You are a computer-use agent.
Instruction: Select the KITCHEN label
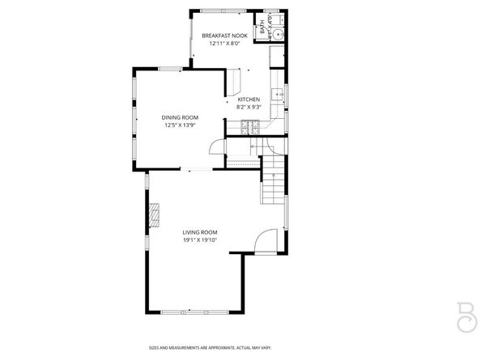click(x=248, y=100)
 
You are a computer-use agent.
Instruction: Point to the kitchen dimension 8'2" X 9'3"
click(x=248, y=108)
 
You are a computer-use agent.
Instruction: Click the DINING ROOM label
click(x=181, y=117)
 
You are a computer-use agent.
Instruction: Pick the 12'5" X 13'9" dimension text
click(x=181, y=125)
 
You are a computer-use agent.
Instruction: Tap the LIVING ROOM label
click(x=199, y=232)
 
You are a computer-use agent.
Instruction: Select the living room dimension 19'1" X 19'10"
click(x=199, y=240)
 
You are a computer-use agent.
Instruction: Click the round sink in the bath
click(x=277, y=34)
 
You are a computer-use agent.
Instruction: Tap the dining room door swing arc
click(x=215, y=146)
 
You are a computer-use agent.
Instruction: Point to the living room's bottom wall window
click(x=194, y=313)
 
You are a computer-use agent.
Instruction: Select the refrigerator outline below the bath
click(x=277, y=56)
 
